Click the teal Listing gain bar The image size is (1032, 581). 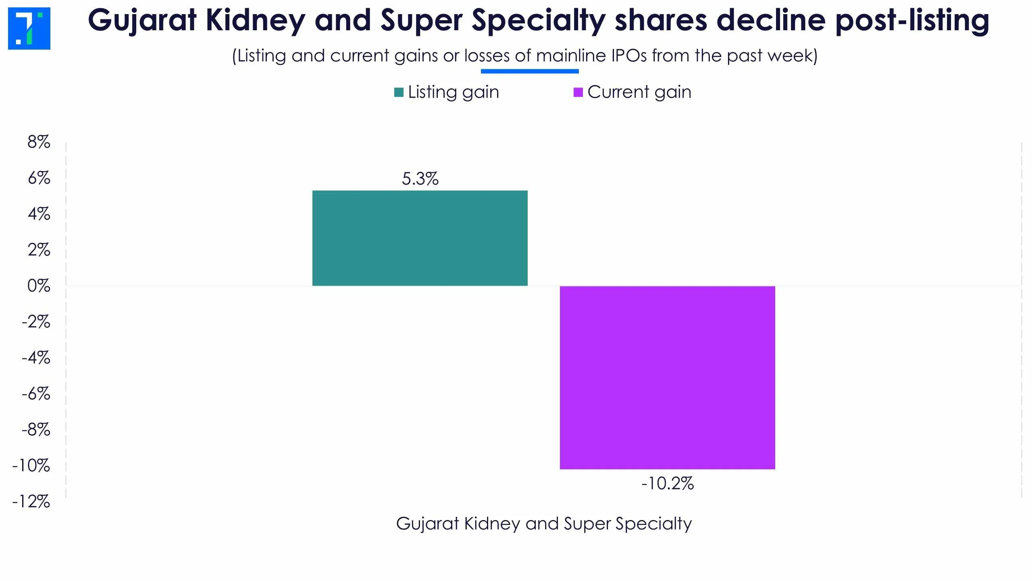(x=420, y=238)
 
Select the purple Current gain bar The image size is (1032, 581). (x=667, y=377)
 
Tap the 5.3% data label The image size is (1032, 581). (x=420, y=179)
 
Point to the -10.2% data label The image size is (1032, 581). (x=668, y=483)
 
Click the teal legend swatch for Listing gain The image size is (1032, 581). (x=399, y=92)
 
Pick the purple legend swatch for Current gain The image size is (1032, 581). (x=578, y=92)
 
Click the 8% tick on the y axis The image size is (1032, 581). (x=39, y=142)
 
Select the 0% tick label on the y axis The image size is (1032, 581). (x=39, y=286)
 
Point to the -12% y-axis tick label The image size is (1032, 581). (x=31, y=502)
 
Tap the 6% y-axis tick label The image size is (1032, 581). (x=39, y=178)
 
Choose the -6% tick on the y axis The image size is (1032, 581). (x=36, y=394)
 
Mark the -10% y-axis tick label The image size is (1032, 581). (x=31, y=466)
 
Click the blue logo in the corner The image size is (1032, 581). (x=29, y=28)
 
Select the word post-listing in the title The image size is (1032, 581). (x=912, y=20)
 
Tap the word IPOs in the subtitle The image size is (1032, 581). (x=629, y=56)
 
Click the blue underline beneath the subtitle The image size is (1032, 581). (x=529, y=71)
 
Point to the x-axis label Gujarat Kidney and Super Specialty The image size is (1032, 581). (x=544, y=524)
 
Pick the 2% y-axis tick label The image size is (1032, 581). (x=39, y=250)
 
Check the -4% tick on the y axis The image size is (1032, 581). (x=36, y=358)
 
